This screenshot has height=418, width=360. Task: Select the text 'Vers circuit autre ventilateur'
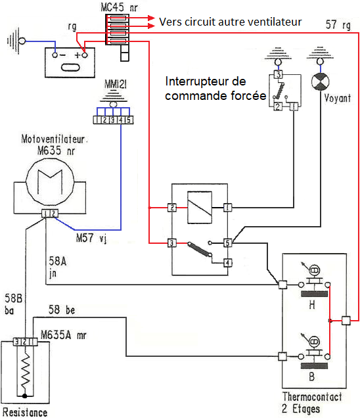click(230, 22)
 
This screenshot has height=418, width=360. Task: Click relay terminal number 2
click(173, 208)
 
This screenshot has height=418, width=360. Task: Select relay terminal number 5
click(227, 243)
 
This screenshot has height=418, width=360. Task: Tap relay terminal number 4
click(227, 263)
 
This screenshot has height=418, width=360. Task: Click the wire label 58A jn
click(57, 267)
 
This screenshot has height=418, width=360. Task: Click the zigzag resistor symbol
click(24, 372)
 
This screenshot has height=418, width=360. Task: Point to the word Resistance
click(24, 413)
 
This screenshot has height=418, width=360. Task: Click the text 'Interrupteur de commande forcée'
click(214, 89)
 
